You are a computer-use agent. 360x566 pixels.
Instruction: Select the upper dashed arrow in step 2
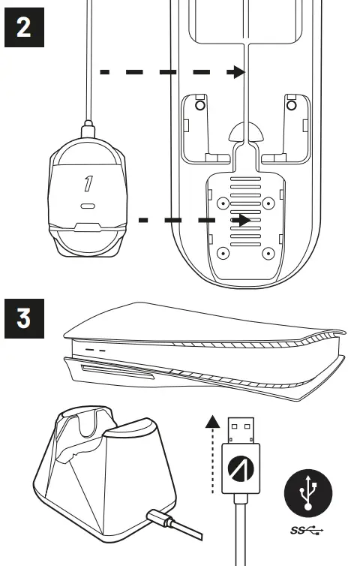172,72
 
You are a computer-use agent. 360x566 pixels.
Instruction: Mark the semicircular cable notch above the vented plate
247,134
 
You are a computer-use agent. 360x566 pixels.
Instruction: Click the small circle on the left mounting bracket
199,106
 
